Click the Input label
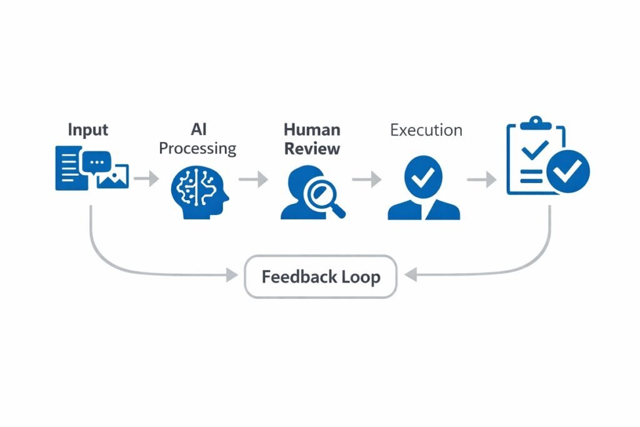click(x=87, y=130)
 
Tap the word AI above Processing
click(x=198, y=129)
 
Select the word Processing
click(x=197, y=148)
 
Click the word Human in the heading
click(x=312, y=129)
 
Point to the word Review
click(x=312, y=148)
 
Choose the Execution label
click(x=426, y=130)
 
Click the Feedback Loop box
click(x=320, y=276)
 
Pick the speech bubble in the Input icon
click(x=96, y=162)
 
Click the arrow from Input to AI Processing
click(x=147, y=179)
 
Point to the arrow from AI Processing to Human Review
click(x=253, y=179)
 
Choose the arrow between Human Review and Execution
click(x=367, y=179)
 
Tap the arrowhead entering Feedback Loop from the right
click(x=411, y=274)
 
